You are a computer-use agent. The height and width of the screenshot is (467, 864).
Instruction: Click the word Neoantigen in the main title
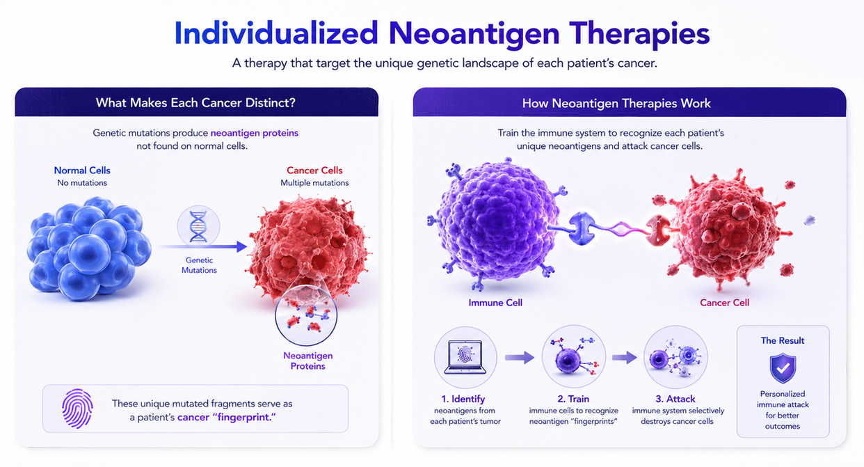coord(474,34)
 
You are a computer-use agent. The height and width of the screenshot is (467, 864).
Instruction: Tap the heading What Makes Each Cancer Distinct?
coord(195,103)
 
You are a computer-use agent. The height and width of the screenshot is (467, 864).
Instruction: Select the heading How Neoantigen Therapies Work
coord(616,104)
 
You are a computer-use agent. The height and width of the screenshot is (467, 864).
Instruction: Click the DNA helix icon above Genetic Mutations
coord(198,227)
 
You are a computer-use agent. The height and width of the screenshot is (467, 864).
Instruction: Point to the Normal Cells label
coord(82,171)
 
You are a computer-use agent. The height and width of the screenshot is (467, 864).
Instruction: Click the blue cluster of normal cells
coord(89,248)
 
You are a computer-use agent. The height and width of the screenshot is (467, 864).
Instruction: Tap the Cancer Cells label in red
coord(314,171)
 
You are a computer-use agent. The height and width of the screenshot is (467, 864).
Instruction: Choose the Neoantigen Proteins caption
coord(307,361)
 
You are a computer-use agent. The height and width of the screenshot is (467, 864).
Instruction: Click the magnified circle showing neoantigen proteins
coord(306,315)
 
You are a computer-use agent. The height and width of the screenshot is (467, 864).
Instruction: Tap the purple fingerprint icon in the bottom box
coord(77,409)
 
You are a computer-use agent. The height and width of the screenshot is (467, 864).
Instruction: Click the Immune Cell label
coord(495,303)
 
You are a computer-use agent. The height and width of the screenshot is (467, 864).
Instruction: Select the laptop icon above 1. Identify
coord(465,357)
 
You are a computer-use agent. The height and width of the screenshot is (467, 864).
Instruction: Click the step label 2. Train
coord(573,399)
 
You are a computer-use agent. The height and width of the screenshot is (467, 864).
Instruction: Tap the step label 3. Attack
coord(675,399)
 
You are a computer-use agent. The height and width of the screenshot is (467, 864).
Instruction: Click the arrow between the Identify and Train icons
coord(520,358)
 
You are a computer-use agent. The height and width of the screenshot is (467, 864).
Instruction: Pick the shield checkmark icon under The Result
coord(783,367)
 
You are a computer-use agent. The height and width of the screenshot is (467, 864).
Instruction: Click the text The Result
coord(783,340)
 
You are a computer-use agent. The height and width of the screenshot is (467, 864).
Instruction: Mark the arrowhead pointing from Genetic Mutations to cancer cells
coord(242,246)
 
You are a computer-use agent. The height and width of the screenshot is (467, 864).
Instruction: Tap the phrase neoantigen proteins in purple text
coord(254,133)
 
